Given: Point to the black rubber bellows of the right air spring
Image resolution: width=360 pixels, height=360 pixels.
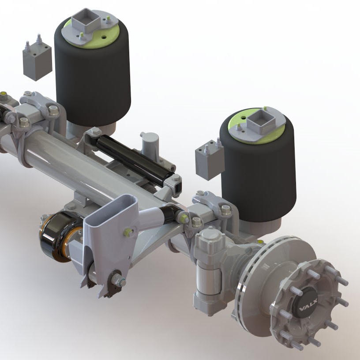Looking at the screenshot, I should [x=260, y=176].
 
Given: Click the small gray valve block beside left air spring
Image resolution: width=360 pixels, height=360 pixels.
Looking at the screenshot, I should [x=37, y=61].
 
